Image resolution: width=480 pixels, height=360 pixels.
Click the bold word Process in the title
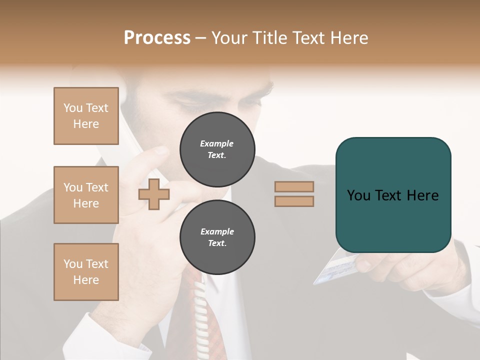coord(157,38)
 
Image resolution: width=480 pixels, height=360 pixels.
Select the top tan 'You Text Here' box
coord(86,116)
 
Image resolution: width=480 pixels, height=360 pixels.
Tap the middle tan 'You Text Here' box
coord(86,195)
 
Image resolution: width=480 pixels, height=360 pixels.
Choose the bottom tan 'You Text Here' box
coord(86,272)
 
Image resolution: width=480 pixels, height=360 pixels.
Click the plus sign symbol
coord(153,194)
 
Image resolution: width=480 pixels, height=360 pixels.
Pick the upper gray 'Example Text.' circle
coord(217,149)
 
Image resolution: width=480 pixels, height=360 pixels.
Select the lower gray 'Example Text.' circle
coord(217,237)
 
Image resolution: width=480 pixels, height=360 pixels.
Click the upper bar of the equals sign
coord(294,186)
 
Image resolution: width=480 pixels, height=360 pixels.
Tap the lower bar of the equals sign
coord(294,201)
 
